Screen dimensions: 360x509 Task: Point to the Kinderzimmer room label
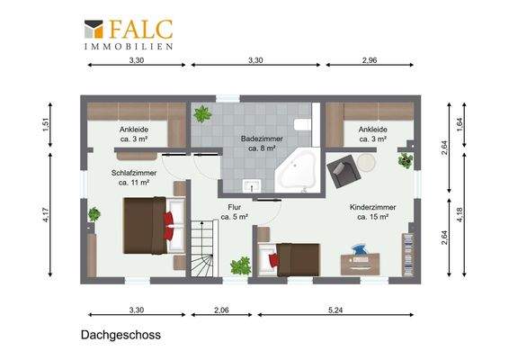(372, 211)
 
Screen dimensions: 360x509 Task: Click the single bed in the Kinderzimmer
(293, 259)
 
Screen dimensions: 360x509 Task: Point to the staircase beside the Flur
(202, 251)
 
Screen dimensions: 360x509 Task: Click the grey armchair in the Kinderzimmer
(341, 168)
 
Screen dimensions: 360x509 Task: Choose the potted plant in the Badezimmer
(203, 114)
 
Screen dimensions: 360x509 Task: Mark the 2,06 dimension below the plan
(221, 310)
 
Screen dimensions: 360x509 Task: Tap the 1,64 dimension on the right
(460, 125)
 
